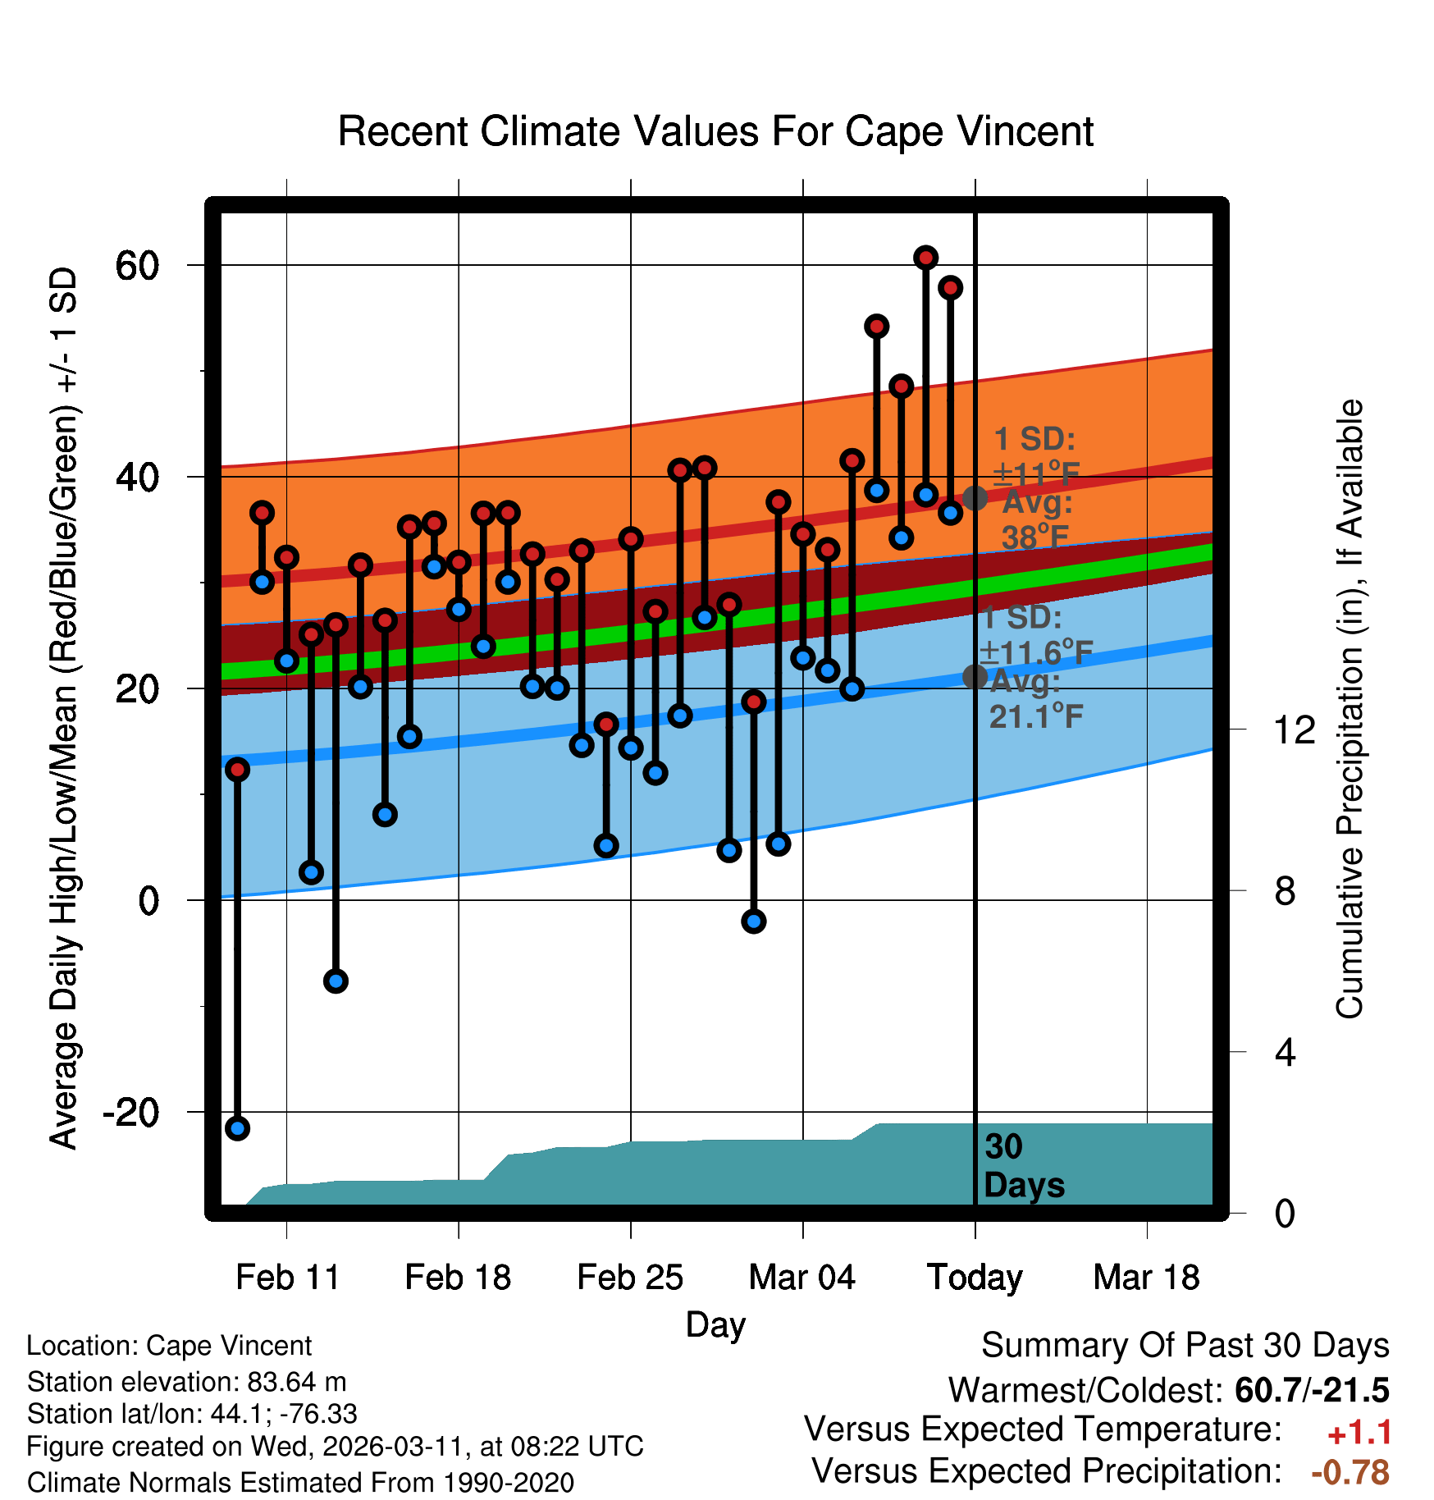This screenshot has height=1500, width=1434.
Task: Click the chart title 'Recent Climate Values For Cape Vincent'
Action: click(x=715, y=132)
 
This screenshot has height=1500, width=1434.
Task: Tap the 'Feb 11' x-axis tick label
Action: click(x=287, y=1278)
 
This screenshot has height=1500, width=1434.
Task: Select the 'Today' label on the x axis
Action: click(x=975, y=1278)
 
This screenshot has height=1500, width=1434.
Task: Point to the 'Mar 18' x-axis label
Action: click(x=1146, y=1278)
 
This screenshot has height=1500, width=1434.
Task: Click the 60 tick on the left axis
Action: click(x=137, y=266)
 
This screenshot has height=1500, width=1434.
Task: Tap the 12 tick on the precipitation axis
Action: click(x=1294, y=729)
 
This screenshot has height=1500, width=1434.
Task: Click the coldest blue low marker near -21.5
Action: click(x=237, y=1128)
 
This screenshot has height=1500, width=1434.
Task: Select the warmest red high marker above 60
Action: click(x=925, y=258)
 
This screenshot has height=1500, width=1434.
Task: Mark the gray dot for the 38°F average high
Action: click(x=975, y=497)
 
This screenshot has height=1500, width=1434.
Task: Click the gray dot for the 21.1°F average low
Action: click(x=975, y=677)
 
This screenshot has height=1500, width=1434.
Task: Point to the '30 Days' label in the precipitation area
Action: click(x=1023, y=1166)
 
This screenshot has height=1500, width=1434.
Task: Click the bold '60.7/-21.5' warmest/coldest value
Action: click(x=1311, y=1390)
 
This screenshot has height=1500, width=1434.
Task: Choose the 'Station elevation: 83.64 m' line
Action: click(x=186, y=1382)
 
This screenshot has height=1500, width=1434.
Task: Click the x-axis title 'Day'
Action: click(x=715, y=1324)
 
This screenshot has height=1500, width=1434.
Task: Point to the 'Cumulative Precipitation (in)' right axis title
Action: click(x=1350, y=710)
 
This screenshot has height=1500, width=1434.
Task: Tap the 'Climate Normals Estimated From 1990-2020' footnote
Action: click(x=300, y=1483)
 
